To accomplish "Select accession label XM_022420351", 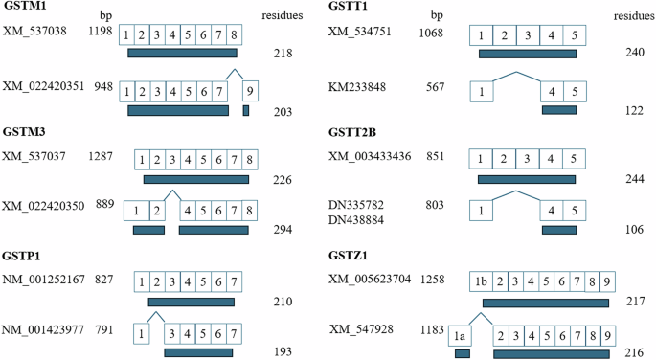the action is (x=43, y=86).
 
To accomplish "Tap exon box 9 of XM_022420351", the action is (x=250, y=91).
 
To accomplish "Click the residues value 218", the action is (x=283, y=54).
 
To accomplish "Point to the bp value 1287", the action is (x=101, y=156).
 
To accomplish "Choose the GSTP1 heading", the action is (x=21, y=256).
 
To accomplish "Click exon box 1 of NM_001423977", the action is (x=142, y=333).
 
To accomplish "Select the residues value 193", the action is (x=283, y=351).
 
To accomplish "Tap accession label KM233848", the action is (x=357, y=87).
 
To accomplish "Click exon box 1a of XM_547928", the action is (x=460, y=336).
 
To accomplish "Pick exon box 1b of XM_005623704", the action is (x=481, y=281).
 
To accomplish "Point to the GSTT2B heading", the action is (x=352, y=132).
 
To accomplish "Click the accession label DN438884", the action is (x=356, y=220).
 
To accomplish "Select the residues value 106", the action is (x=634, y=230).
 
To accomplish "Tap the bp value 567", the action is (x=435, y=87).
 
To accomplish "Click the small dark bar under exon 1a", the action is (x=463, y=354).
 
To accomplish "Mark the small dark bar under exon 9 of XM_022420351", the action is (x=246, y=110).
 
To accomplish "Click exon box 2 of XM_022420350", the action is (x=157, y=211).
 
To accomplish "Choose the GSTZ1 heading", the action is (x=348, y=256).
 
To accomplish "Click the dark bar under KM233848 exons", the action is (x=559, y=110).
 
